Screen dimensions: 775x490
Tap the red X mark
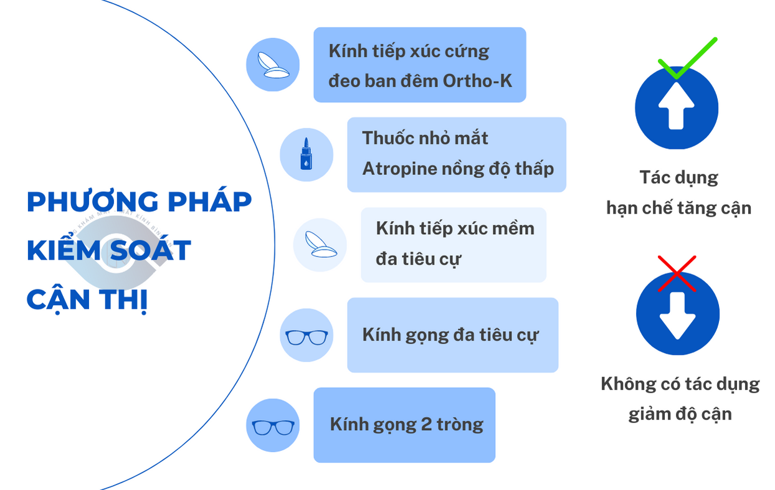click(677, 274)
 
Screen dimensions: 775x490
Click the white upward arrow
click(677, 106)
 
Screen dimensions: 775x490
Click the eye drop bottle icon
click(306, 154)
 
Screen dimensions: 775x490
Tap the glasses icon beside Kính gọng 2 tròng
click(273, 427)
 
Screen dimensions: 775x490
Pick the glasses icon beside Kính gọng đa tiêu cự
click(307, 337)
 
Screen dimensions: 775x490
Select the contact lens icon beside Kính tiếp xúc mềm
click(320, 244)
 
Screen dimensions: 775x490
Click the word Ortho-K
click(477, 81)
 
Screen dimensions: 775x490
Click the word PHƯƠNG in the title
click(93, 202)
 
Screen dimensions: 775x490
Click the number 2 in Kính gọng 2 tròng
click(426, 424)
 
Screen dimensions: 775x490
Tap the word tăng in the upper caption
click(689, 209)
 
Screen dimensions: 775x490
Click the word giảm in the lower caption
click(648, 415)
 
